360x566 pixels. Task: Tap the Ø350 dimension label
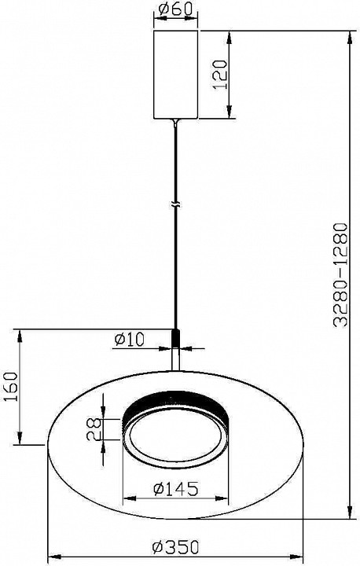(174, 548)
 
